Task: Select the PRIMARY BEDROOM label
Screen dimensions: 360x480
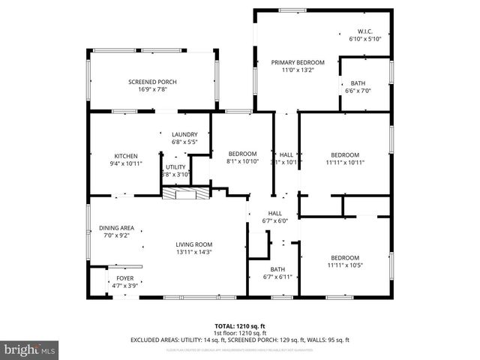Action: [298, 62]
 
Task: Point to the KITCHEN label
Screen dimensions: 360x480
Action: [126, 155]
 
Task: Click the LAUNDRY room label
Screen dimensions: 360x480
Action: [184, 134]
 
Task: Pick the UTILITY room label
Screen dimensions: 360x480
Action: [175, 166]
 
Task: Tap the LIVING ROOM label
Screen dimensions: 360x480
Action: [194, 244]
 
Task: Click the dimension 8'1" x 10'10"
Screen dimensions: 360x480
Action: [242, 161]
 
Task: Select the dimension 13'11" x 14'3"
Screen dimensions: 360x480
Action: [194, 252]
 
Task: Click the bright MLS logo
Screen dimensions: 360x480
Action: [30, 349]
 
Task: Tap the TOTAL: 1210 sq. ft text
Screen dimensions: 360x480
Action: [240, 326]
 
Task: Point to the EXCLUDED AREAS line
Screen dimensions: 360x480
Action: [240, 340]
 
